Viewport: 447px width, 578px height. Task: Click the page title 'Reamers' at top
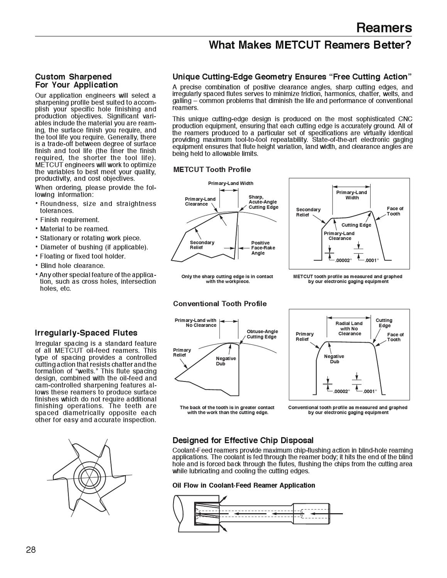pos(384,27)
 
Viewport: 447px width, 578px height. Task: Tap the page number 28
pos(31,549)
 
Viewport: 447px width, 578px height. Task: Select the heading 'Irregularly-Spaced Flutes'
pos(86,332)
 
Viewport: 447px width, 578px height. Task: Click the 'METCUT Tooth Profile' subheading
pos(212,170)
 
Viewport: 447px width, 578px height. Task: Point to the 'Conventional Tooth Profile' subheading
pos(220,304)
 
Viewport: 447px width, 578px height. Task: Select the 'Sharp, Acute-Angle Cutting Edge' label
pos(263,202)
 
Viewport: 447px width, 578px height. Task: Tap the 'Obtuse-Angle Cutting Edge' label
pos(262,334)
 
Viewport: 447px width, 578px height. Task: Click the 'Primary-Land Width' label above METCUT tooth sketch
pos(231,183)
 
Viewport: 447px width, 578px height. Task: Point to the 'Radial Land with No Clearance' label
pos(349,329)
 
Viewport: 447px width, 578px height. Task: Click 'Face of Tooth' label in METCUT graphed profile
pos(395,211)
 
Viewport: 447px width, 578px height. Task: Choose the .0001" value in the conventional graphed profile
pos(369,391)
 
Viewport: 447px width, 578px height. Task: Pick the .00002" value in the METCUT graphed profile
pos(342,260)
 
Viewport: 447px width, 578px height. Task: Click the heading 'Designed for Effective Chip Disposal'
pos(243,440)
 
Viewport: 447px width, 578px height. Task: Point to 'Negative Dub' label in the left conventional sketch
pos(226,361)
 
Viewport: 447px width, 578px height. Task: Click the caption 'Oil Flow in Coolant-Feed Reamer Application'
pos(244,485)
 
